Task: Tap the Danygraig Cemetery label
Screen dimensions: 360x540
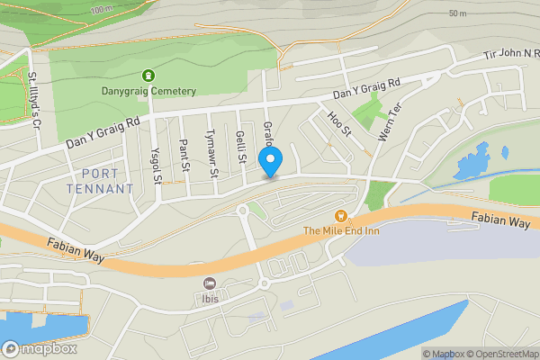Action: click(148, 91)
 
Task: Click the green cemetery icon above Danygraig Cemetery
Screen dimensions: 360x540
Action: click(148, 76)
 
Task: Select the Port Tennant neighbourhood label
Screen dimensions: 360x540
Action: click(100, 181)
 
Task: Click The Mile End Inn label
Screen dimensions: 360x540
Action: click(340, 230)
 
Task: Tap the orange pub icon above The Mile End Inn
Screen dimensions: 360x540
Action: click(340, 215)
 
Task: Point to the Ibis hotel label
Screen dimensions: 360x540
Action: click(210, 297)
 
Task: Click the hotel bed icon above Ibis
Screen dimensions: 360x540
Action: click(210, 283)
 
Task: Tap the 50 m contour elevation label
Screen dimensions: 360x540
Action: click(457, 13)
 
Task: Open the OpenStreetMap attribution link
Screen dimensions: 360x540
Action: click(500, 354)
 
